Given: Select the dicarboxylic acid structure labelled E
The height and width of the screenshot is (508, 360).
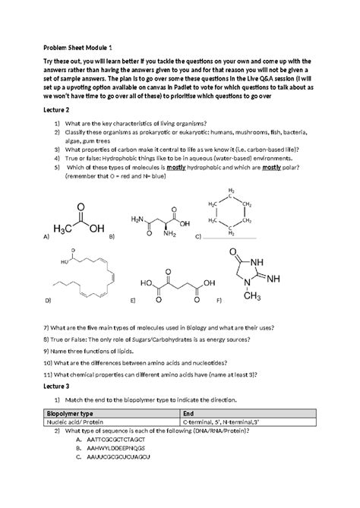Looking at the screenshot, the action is coord(170,289).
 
